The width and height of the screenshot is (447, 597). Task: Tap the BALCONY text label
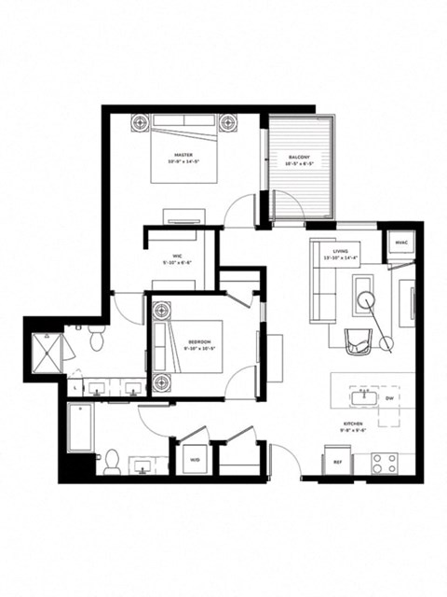(x=299, y=157)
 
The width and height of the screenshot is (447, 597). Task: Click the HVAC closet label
(x=401, y=243)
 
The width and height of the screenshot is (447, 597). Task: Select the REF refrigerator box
(x=336, y=461)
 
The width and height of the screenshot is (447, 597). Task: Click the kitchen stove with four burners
(x=384, y=461)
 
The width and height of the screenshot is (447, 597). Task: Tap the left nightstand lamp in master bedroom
(x=141, y=122)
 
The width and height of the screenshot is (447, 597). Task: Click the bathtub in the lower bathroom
(x=81, y=427)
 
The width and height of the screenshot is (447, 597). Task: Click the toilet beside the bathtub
(x=111, y=462)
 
